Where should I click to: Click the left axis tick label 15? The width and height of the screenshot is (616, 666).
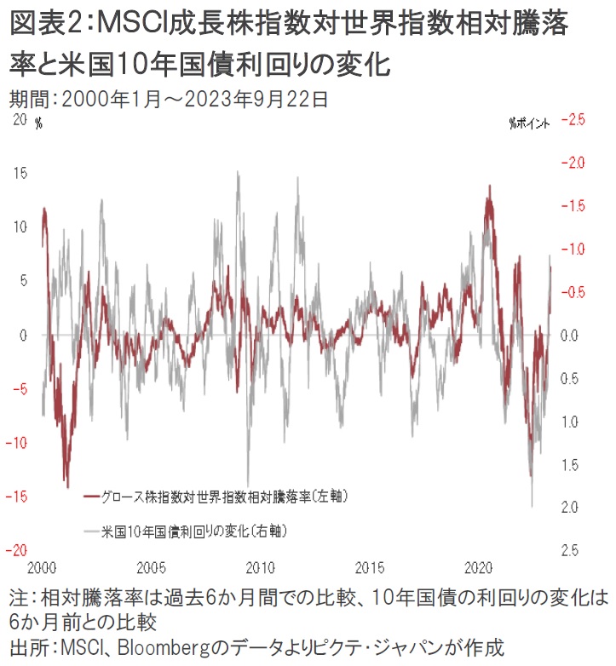tap(20, 173)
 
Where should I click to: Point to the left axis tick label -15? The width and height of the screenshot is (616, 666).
tap(17, 496)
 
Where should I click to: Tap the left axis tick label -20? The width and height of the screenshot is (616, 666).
tap(17, 550)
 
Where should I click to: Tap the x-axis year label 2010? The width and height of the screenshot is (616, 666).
tap(262, 567)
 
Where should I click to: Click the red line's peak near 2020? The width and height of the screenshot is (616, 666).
tap(489, 186)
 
